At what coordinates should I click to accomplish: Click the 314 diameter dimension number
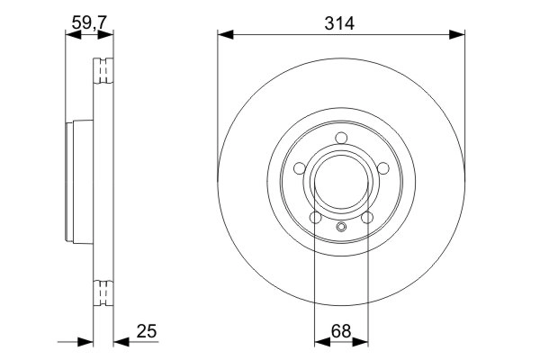[x=341, y=24]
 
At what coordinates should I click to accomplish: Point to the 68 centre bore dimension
[x=341, y=330]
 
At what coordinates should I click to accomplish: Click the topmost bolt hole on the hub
[x=341, y=138]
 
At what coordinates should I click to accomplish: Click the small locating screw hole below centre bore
[x=341, y=227]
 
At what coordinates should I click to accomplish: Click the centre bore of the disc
[x=341, y=183]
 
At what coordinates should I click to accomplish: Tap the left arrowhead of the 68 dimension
[x=320, y=342]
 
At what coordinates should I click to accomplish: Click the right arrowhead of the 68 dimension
[x=362, y=342]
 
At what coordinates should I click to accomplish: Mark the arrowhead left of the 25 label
[x=87, y=342]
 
